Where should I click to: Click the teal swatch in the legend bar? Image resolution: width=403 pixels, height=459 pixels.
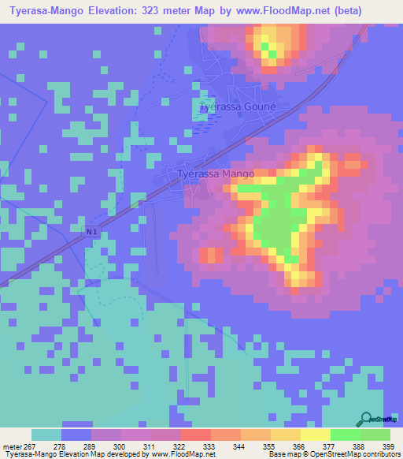click(x=46, y=435)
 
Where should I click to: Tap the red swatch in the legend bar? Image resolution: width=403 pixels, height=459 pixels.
click(x=196, y=435)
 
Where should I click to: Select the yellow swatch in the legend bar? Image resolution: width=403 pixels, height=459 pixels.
click(x=316, y=435)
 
